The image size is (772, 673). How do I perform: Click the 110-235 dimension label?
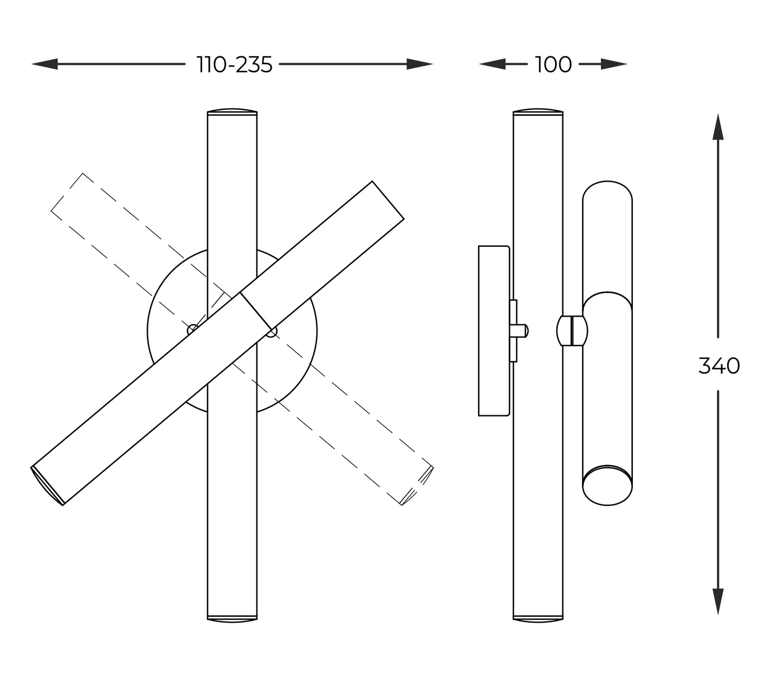click(234, 65)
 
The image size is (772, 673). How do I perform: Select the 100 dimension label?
click(553, 65)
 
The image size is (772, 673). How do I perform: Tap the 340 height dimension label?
click(719, 366)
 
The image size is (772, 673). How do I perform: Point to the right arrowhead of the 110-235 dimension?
click(420, 64)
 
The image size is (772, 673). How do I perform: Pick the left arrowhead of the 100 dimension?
click(492, 64)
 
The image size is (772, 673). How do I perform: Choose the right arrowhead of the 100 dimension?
click(614, 64)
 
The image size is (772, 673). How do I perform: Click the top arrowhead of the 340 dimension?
click(718, 127)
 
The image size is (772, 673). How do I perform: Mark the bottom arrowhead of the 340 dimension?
click(718, 602)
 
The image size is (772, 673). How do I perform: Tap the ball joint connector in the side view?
click(572, 331)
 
